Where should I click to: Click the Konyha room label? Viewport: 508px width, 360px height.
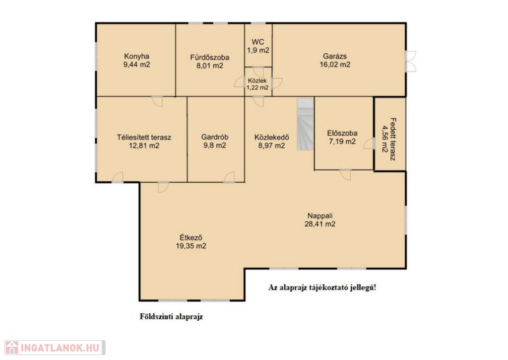(x=136, y=56)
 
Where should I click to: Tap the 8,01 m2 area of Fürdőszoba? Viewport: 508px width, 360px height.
(x=210, y=66)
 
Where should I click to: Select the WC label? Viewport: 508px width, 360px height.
(x=258, y=42)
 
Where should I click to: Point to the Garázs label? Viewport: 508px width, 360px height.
(x=335, y=56)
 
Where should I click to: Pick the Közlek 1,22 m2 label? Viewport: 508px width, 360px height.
(x=257, y=84)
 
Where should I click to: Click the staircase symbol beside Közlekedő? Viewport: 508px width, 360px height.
(x=305, y=124)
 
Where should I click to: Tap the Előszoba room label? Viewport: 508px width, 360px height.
(x=342, y=133)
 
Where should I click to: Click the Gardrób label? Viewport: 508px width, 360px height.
(x=214, y=137)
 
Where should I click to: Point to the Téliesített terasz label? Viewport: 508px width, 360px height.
(x=144, y=137)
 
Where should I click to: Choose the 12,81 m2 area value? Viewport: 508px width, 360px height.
(x=144, y=145)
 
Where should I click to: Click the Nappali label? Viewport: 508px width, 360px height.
(x=320, y=216)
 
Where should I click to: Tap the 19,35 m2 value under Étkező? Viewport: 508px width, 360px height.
(x=191, y=246)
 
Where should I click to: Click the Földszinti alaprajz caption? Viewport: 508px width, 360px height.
(x=171, y=316)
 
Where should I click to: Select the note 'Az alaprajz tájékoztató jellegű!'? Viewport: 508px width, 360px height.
(x=322, y=288)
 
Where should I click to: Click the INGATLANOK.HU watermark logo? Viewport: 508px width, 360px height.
(x=55, y=348)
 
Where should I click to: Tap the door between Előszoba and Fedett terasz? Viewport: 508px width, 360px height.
(x=369, y=144)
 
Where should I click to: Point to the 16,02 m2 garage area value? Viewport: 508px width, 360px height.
(x=335, y=65)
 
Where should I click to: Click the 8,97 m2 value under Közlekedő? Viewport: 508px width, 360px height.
(x=271, y=145)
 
